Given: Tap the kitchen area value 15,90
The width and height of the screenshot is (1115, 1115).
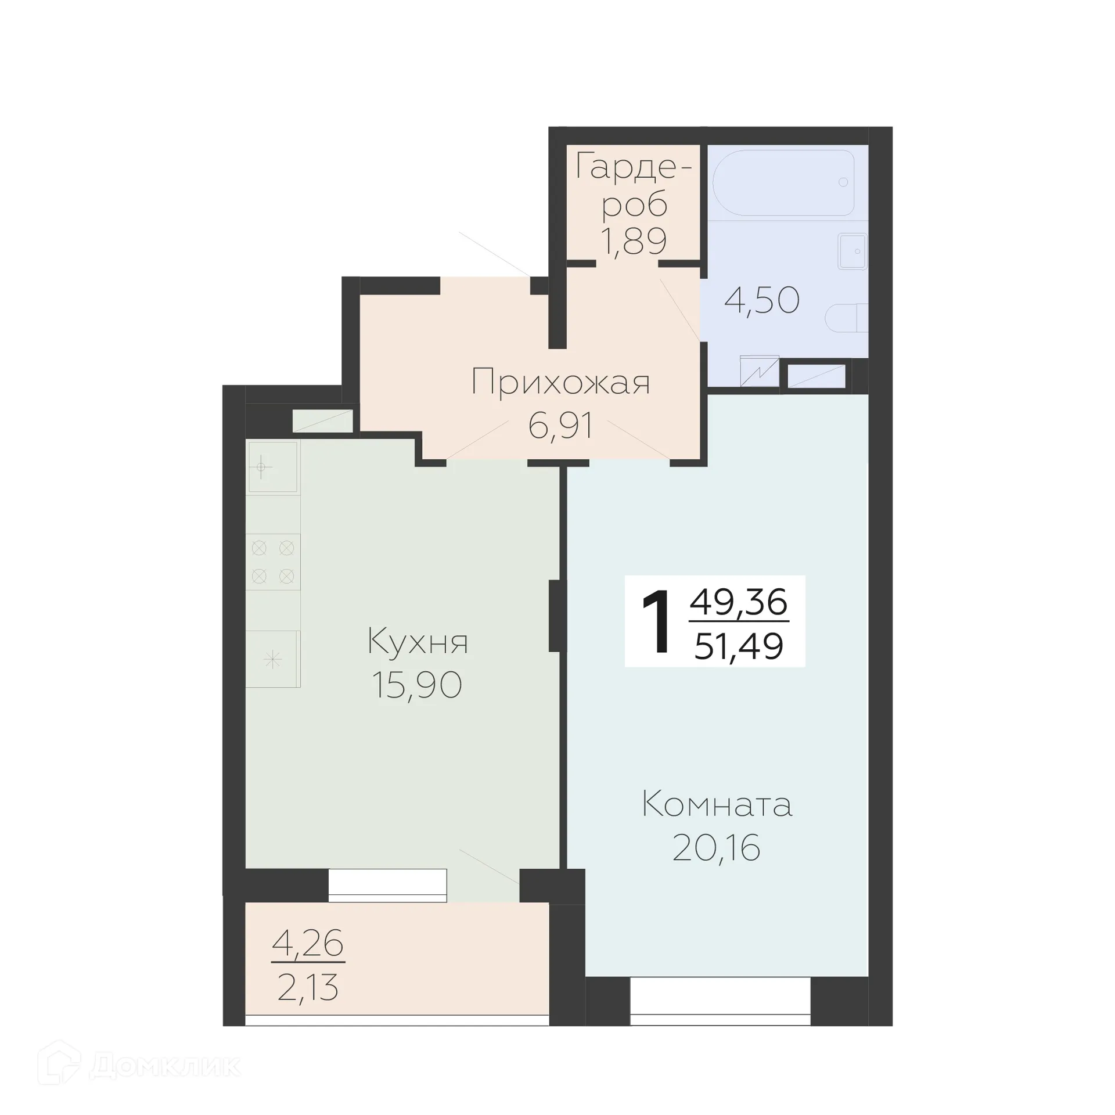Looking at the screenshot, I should tap(416, 685).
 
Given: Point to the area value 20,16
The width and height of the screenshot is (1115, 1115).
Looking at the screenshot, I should tap(716, 848).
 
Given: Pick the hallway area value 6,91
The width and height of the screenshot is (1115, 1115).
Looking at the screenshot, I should tap(560, 426).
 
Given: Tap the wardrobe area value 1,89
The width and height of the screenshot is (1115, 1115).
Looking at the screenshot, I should tap(633, 242).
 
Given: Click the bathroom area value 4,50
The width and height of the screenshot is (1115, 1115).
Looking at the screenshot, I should tap(762, 301).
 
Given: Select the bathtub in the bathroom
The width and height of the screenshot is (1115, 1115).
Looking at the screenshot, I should tap(783, 182).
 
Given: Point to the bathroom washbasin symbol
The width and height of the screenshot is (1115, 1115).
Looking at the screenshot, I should tap(853, 251).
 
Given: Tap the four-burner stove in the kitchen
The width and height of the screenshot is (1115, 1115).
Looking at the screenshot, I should tap(272, 562).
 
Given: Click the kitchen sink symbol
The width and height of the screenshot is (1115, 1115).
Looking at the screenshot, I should tap(273, 467).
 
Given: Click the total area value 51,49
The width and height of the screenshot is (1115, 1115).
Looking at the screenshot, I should tap(739, 646).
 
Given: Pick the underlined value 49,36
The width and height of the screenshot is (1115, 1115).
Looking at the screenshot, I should tap(739, 602).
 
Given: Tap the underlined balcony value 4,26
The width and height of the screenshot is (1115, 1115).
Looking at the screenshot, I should tap(307, 943).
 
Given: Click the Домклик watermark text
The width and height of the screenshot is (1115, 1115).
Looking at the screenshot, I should tap(165, 1066).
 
